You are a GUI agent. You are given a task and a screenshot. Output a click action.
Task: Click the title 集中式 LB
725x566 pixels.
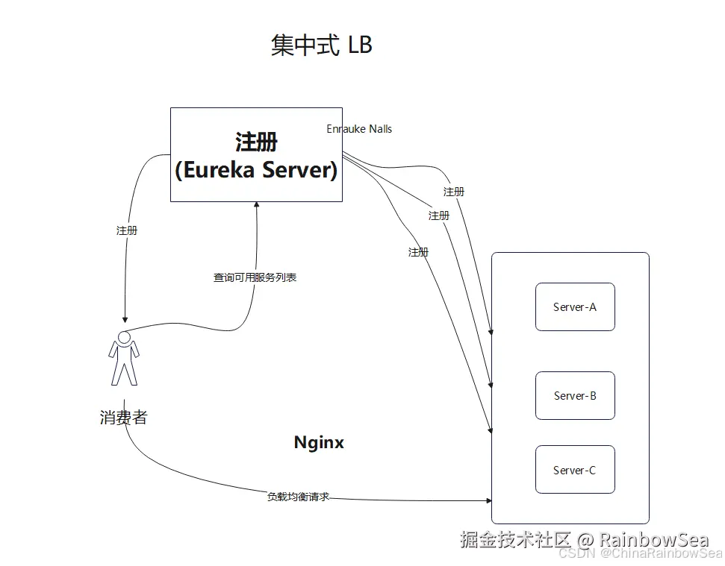[x=321, y=45]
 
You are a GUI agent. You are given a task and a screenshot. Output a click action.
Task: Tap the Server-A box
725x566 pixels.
[x=575, y=306]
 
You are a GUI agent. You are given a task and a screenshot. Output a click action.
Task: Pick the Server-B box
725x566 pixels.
[x=575, y=396]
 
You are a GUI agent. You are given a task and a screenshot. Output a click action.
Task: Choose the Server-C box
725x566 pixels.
[x=575, y=470]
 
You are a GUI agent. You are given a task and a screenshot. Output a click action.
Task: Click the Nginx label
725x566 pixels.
[x=319, y=442]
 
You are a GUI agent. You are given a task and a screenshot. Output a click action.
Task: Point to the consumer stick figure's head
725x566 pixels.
[x=125, y=337]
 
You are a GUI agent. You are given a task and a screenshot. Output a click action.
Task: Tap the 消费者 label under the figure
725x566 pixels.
[x=124, y=417]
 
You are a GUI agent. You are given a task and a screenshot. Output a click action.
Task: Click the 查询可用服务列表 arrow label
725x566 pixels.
[x=255, y=277]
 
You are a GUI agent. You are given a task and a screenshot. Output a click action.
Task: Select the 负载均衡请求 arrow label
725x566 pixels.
[x=298, y=496]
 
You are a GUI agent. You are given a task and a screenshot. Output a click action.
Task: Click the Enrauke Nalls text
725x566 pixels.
[x=359, y=129]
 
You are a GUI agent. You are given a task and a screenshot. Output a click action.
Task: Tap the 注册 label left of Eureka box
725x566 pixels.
[x=127, y=230]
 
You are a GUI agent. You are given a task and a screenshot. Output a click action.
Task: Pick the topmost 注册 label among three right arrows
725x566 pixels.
[x=454, y=192]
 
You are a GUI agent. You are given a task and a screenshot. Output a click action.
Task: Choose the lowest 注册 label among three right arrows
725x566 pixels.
[x=419, y=252]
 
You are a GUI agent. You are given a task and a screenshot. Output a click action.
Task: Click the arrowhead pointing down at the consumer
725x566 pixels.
[x=125, y=319]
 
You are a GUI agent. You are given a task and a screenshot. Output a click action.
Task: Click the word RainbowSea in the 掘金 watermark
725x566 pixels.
[x=653, y=540]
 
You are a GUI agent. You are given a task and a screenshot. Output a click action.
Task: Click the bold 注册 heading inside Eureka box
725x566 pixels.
[x=256, y=142]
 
